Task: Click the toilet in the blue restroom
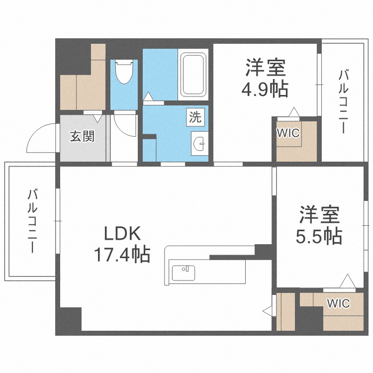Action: pyautogui.click(x=123, y=74)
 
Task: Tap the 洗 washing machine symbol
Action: pyautogui.click(x=195, y=117)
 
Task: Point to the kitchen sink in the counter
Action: pyautogui.click(x=184, y=273)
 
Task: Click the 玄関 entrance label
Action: pyautogui.click(x=82, y=136)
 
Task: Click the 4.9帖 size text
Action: pyautogui.click(x=265, y=89)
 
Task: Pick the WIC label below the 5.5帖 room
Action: pyautogui.click(x=338, y=303)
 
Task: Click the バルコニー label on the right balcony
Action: pyautogui.click(x=343, y=101)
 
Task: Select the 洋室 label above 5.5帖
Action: pyautogui.click(x=319, y=215)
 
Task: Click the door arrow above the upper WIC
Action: pyautogui.click(x=295, y=112)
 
